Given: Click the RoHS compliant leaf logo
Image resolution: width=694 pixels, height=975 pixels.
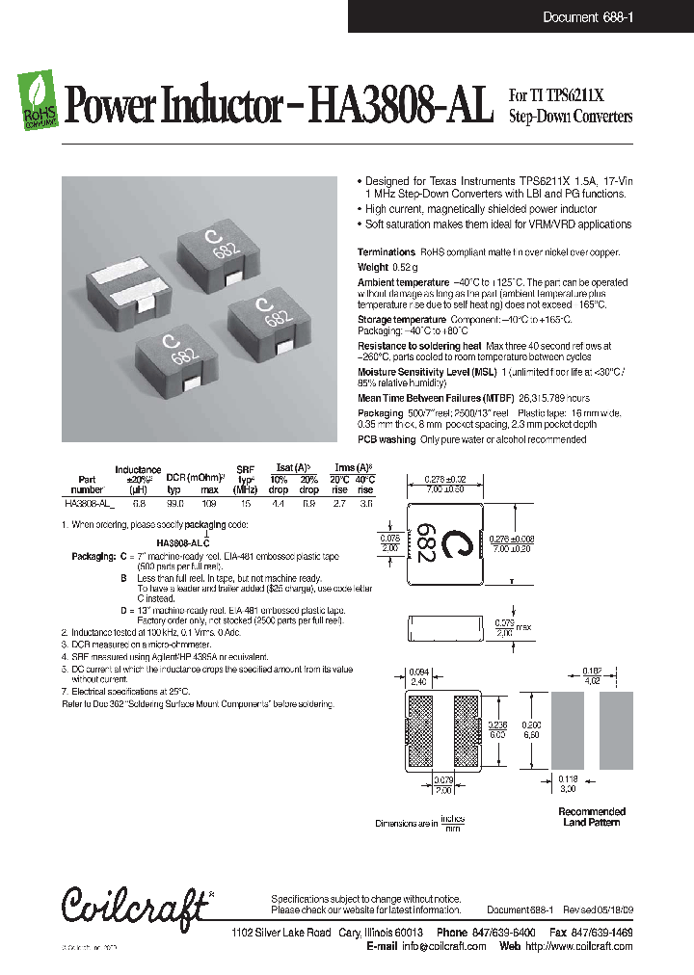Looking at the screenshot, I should point(39,102).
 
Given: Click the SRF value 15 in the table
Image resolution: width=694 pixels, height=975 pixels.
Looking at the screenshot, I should point(246,503).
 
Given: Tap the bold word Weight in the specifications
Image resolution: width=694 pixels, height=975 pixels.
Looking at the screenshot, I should point(373,267).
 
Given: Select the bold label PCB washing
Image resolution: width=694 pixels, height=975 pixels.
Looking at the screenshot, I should point(387,439).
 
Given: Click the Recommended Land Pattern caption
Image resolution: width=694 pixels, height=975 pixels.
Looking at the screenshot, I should point(592,817).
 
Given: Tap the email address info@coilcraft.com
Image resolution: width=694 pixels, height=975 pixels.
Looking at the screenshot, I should point(437,946).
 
